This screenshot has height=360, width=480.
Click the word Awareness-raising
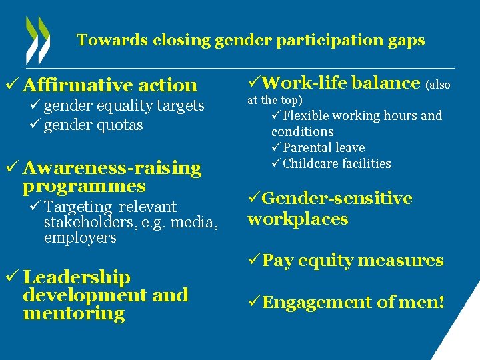[112, 167]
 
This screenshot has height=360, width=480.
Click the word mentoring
[73, 313]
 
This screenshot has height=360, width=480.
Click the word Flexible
[307, 116]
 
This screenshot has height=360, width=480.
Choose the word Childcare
[310, 164]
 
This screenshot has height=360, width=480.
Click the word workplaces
[297, 219]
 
